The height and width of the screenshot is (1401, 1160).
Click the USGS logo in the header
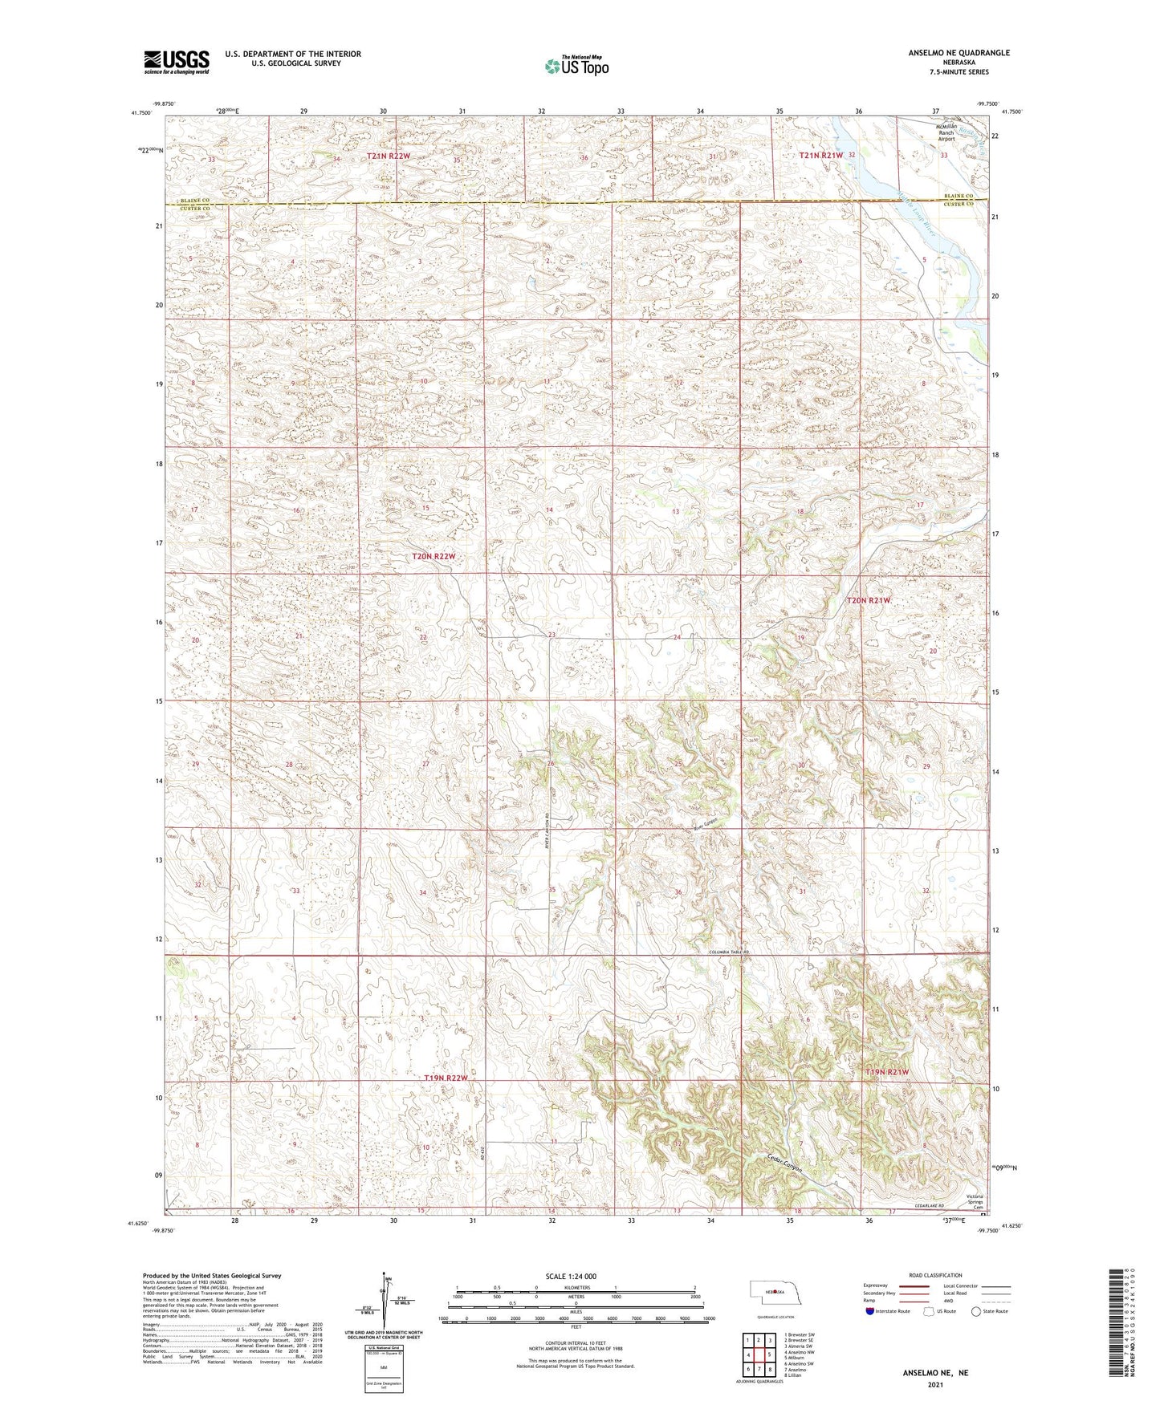[177, 62]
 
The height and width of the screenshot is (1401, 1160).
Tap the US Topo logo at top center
[576, 67]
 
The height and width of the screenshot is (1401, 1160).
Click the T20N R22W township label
[433, 556]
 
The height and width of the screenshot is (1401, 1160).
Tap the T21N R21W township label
[820, 155]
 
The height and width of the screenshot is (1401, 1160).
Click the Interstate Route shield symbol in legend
[870, 1311]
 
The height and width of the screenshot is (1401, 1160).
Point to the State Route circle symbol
[976, 1311]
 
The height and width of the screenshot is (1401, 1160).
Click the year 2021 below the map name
[935, 1384]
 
